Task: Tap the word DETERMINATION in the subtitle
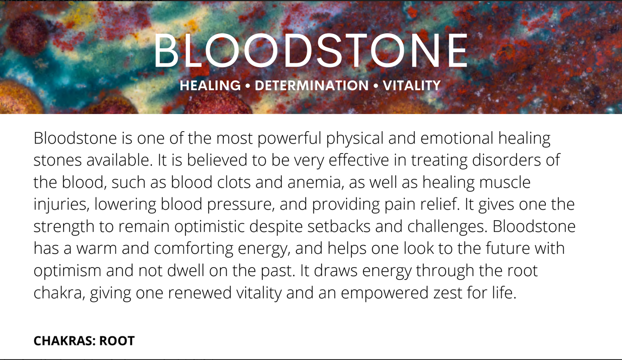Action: click(x=311, y=86)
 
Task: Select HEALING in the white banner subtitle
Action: click(x=210, y=86)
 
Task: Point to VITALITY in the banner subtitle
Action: click(x=412, y=86)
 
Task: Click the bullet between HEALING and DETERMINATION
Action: click(x=248, y=86)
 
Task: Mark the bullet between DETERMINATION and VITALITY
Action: click(x=376, y=86)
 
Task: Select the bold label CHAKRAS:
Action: click(x=64, y=341)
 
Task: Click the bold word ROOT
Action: click(x=117, y=341)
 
